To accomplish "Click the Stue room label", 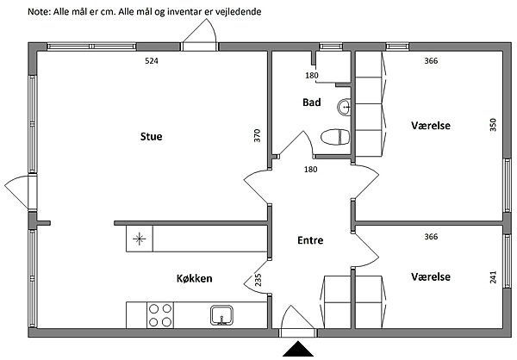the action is coord(152,136).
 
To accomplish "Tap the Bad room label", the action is coord(312,102).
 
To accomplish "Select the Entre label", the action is coord(310,240).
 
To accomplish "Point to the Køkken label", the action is coord(194,278).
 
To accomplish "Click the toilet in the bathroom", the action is coord(335,137).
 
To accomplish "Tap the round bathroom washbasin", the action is coord(344,107).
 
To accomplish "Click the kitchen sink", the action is coord(222,315).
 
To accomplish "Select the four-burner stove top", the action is coord(160,315).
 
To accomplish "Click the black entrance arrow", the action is coord(298,349).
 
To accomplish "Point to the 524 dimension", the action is coord(152,60).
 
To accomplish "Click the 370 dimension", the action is coord(257,135).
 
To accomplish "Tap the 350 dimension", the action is coord(493,125).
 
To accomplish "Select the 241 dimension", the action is coord(493,277).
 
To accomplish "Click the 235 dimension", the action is coord(258,280).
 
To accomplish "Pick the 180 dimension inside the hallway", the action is coord(310,170).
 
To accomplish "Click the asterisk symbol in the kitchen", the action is coord(139,239).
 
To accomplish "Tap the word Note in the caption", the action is coord(39,12).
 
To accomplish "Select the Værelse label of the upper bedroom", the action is coord(431,126).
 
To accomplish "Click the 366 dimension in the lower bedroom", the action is coord(432,237).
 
